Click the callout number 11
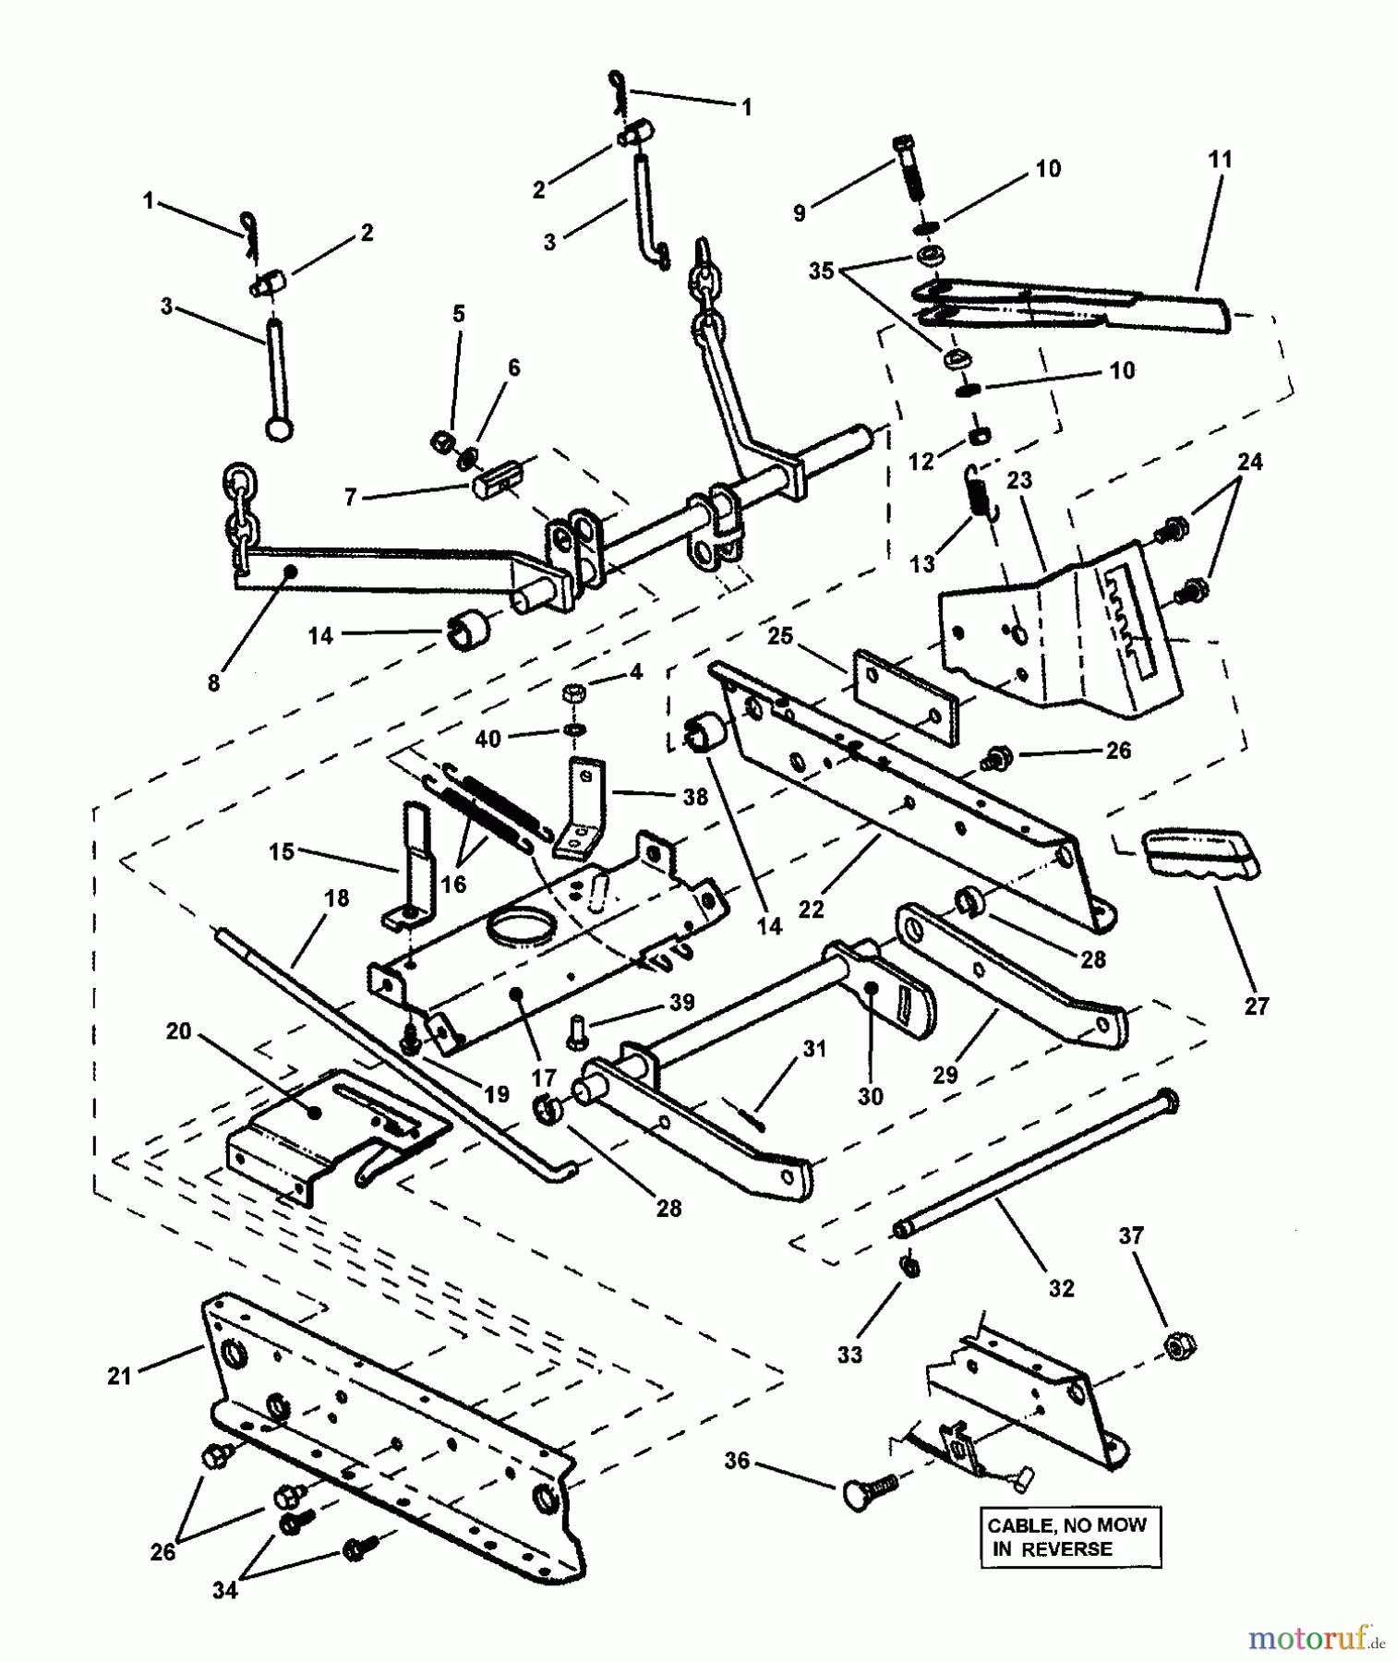pyautogui.click(x=1220, y=160)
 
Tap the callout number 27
pyautogui.click(x=1257, y=1006)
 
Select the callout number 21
pyautogui.click(x=119, y=1376)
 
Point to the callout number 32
pyautogui.click(x=1062, y=1288)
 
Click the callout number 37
pyautogui.click(x=1132, y=1235)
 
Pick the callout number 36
pyautogui.click(x=738, y=1461)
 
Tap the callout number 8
pyautogui.click(x=213, y=683)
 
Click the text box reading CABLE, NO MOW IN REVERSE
pyautogui.click(x=1070, y=1537)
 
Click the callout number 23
pyautogui.click(x=1018, y=480)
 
